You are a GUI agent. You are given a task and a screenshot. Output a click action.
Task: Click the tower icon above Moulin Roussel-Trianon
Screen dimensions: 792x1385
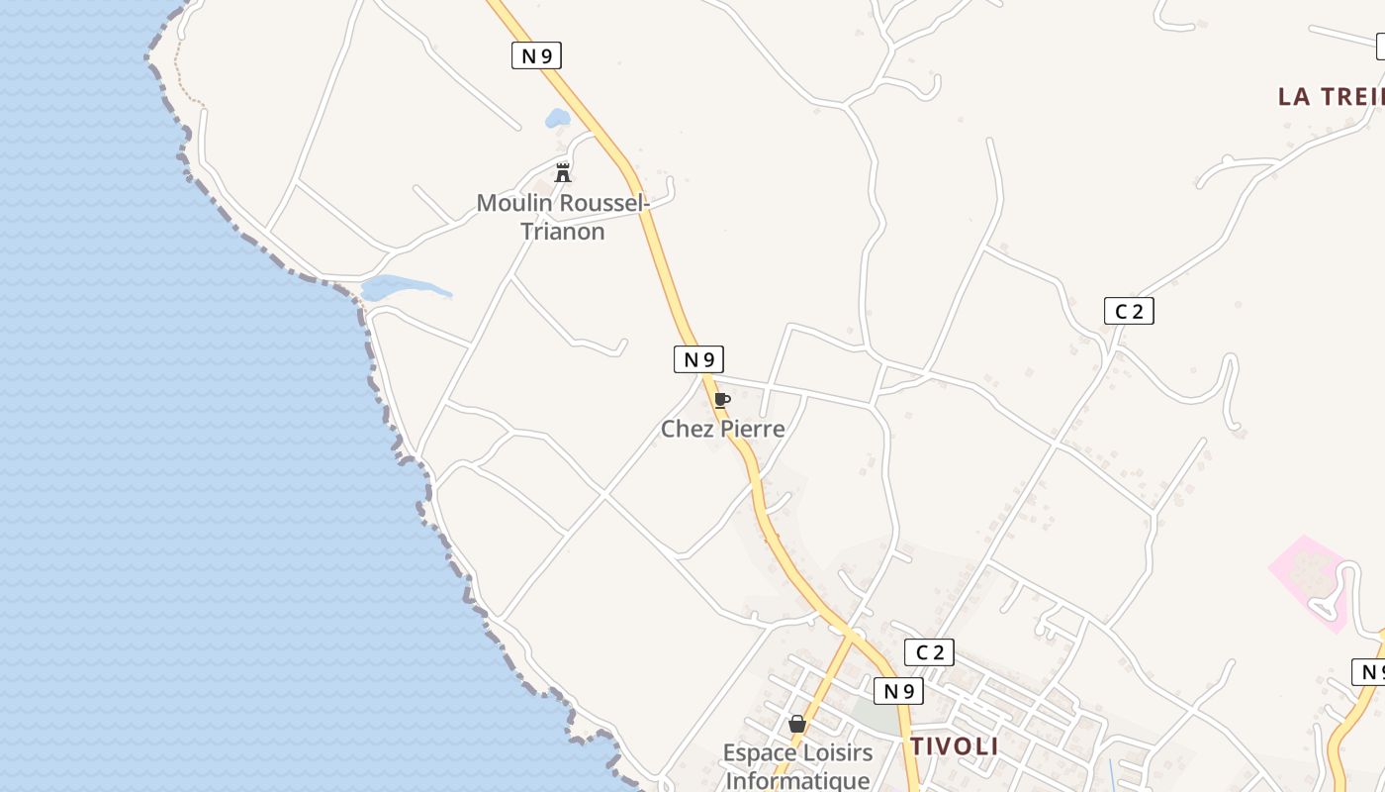tap(563, 173)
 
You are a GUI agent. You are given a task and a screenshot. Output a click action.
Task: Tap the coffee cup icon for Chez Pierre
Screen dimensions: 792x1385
tap(722, 400)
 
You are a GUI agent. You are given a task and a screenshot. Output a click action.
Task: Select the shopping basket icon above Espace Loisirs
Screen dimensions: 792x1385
tap(797, 724)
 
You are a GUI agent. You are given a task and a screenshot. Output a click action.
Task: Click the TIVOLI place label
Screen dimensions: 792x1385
tap(955, 746)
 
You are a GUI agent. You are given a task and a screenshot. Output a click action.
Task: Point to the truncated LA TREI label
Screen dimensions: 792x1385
tap(1330, 96)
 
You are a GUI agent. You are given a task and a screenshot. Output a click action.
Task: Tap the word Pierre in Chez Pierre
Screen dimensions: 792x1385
tap(753, 429)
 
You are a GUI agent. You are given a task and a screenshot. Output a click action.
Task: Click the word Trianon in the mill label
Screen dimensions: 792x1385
tap(562, 232)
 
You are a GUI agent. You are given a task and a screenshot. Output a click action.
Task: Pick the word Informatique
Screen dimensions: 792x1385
tap(797, 780)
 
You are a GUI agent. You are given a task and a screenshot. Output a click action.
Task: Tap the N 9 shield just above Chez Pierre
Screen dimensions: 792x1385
tap(698, 358)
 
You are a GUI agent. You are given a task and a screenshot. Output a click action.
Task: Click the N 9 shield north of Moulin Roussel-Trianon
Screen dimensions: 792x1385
tap(536, 55)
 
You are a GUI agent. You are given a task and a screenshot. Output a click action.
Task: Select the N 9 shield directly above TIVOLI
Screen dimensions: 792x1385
tap(898, 690)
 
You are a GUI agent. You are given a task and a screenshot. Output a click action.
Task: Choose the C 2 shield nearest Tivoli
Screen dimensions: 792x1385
tap(929, 651)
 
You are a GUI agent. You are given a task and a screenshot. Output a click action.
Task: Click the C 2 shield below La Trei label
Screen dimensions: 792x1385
tap(1129, 311)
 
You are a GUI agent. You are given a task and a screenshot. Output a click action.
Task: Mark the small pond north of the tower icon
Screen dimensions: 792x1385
tap(557, 119)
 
